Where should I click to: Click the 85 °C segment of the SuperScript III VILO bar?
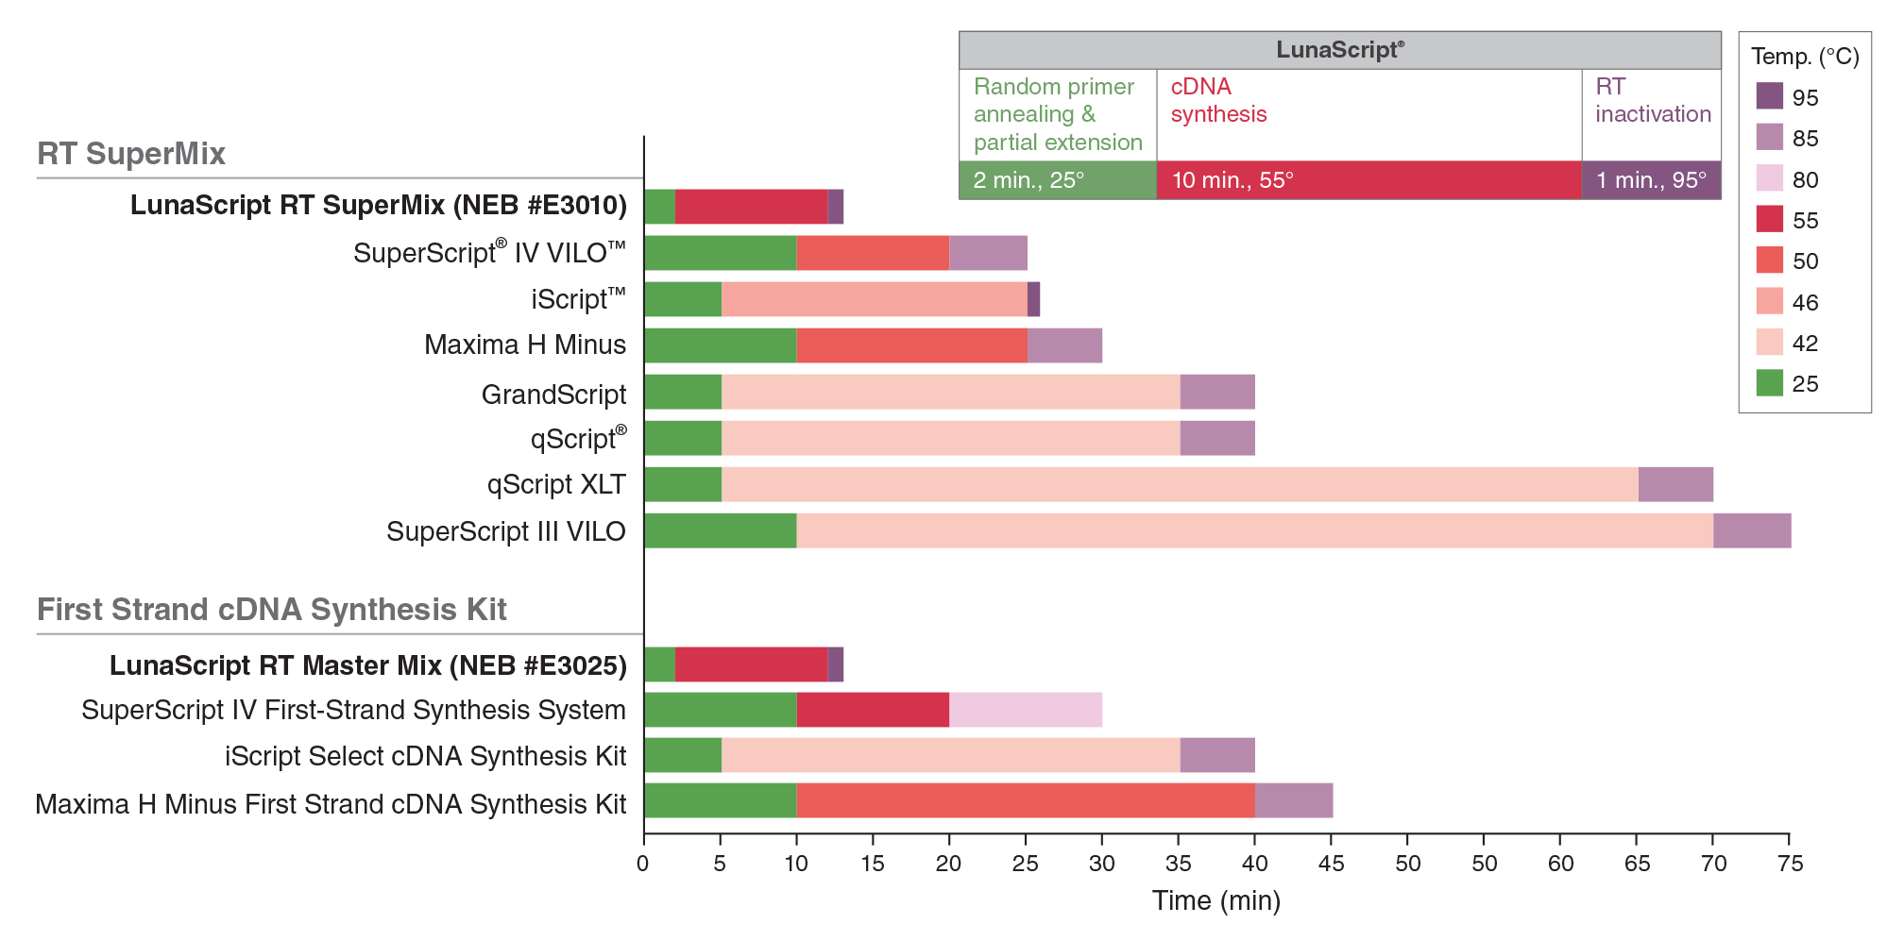[1752, 530]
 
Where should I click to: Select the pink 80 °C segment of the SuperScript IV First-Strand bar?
[1026, 710]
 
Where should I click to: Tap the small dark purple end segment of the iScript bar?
[1033, 299]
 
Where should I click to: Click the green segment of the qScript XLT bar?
[683, 484]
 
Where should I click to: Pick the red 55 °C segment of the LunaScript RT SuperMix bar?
[752, 207]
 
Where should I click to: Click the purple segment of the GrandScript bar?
[1217, 392]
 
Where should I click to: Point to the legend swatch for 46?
[1770, 301]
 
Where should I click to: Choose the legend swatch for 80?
[1770, 178]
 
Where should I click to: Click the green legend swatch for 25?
[1770, 382]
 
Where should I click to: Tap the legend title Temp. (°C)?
[1805, 57]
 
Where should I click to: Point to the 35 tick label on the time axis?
[1179, 864]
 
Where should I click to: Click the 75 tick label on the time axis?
[1790, 864]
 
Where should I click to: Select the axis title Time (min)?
[1216, 900]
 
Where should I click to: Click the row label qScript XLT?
[556, 484]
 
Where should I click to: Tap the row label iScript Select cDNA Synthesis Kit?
[425, 756]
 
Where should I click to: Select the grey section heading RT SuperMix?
[131, 154]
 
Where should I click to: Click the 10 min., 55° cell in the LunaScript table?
[1369, 180]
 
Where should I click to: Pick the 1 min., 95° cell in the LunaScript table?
[1652, 180]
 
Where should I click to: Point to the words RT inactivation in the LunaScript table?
[1653, 100]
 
